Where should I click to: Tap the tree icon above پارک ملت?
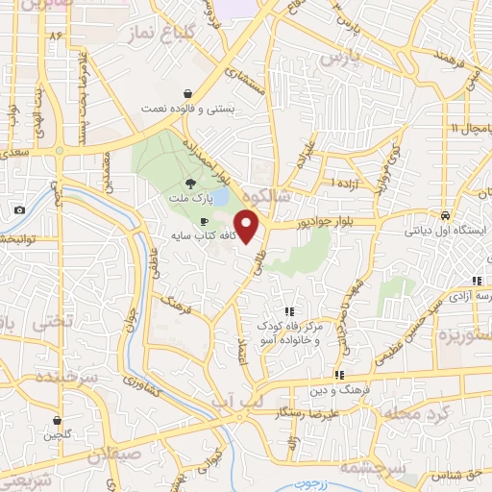point(192,183)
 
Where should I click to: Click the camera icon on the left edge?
point(19,210)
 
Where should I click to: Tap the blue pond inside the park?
point(220,197)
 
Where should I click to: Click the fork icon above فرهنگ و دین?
point(338,375)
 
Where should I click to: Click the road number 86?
point(55,37)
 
